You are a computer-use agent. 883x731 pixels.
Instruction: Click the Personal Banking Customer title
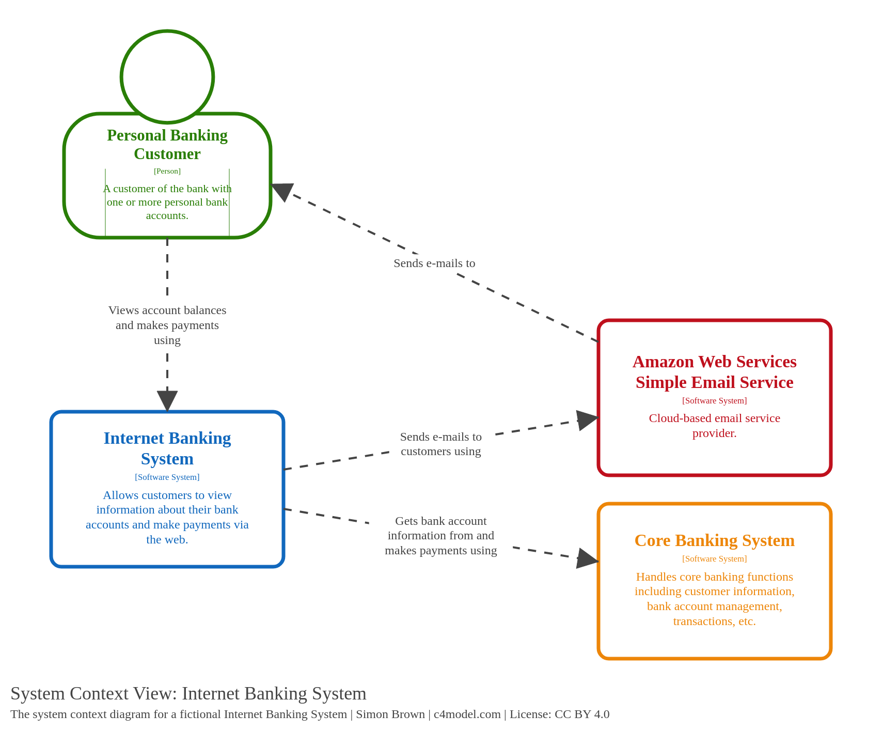tap(167, 145)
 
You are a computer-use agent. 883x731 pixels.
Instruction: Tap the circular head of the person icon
tap(167, 76)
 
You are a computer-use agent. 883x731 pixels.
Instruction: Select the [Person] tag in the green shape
tap(167, 171)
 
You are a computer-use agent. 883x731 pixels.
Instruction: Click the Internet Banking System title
tap(167, 448)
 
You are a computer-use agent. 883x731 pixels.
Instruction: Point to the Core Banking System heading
tap(714, 540)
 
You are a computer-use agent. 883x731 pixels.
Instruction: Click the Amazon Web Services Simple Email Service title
tap(714, 372)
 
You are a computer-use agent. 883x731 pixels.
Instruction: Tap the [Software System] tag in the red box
tap(714, 401)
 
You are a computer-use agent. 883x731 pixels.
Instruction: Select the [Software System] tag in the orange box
tap(714, 559)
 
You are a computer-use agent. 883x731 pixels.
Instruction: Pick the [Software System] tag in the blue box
tap(167, 477)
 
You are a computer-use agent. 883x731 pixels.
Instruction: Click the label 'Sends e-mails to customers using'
tap(440, 444)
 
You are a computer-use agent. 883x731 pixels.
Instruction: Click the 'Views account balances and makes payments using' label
tap(167, 325)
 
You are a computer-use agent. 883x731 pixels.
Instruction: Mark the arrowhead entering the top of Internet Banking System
tap(167, 401)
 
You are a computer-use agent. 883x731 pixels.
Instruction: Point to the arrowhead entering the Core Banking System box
tap(587, 558)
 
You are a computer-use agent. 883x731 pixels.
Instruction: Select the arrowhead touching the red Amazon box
tap(587, 419)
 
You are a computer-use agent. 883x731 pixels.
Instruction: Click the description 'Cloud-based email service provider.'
tap(714, 426)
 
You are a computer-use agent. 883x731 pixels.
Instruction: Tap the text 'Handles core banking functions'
tap(714, 577)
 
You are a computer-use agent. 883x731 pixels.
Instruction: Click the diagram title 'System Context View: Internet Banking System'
tap(188, 693)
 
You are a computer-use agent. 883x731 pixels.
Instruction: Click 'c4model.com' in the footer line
tap(467, 714)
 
